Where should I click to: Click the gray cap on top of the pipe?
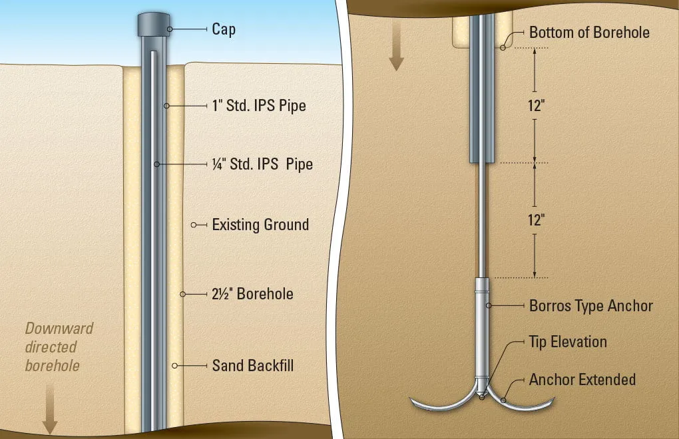pos(154,25)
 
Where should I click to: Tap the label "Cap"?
pos(224,29)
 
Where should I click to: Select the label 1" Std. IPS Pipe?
pos(259,106)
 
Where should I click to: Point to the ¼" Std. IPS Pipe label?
pos(262,164)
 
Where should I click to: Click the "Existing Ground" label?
pos(260,225)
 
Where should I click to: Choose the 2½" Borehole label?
pos(252,294)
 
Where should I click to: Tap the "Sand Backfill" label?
pos(252,366)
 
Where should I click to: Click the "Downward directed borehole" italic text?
pos(59,347)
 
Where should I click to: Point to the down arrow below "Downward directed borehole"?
pos(50,409)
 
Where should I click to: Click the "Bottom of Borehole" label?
pos(589,33)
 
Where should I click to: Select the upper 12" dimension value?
pos(536,106)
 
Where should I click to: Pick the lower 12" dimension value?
pos(536,220)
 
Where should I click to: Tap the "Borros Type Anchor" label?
pos(590,306)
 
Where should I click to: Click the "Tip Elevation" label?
pos(568,342)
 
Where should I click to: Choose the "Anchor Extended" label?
pos(582,380)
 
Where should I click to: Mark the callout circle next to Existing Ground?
pos(194,225)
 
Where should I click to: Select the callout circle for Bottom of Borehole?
pos(503,48)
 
